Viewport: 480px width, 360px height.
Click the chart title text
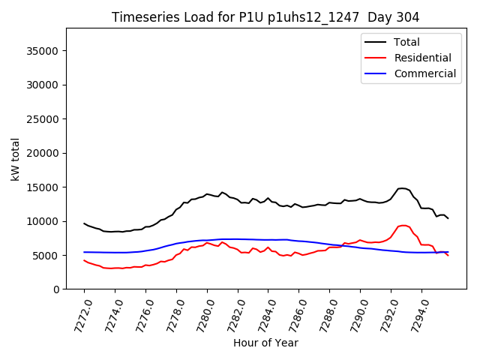pyautogui.click(x=265, y=17)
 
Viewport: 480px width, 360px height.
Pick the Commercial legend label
pyautogui.click(x=424, y=73)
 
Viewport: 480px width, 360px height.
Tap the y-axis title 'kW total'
pyautogui.click(x=16, y=159)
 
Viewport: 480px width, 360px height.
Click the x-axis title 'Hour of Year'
pyautogui.click(x=265, y=343)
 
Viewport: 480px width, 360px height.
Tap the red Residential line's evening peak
pyautogui.click(x=403, y=225)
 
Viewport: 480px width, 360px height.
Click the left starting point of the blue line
pyautogui.click(x=84, y=252)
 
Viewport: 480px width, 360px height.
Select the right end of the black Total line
pyautogui.click(x=448, y=218)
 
